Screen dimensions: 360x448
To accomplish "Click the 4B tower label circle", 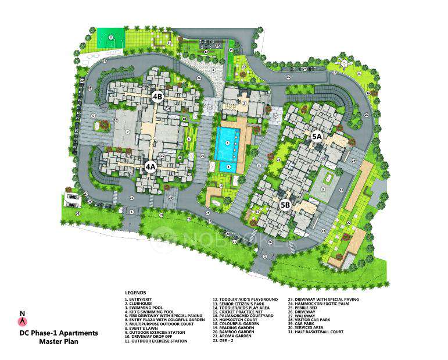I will point(157,97).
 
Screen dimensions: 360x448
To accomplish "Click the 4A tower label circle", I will point(150,166).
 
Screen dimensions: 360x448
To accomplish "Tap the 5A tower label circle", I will point(317,137).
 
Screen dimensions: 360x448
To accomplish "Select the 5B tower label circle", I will point(285,204).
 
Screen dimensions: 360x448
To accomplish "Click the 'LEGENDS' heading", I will point(135,293).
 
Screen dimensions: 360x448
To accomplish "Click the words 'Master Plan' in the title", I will point(59,342).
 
